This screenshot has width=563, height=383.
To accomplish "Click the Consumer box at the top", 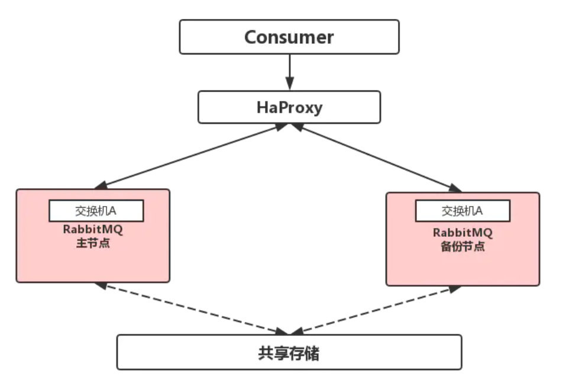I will pyautogui.click(x=289, y=37).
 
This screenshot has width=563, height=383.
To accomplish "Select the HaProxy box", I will pyautogui.click(x=289, y=107).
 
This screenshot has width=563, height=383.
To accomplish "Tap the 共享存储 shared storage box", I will pyautogui.click(x=289, y=352).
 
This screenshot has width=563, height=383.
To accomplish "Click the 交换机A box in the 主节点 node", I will pyautogui.click(x=96, y=211).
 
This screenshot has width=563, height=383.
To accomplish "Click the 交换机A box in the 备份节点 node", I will pyautogui.click(x=462, y=211).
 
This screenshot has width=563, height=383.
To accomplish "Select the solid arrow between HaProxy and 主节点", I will pyautogui.click(x=195, y=156).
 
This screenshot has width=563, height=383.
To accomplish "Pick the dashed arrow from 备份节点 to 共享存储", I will pyautogui.click(x=378, y=308).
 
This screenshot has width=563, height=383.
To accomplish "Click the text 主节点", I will pyautogui.click(x=93, y=243).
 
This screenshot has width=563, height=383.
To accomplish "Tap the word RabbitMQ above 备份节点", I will pyautogui.click(x=463, y=233).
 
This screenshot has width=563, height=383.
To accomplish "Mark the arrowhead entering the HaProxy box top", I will pyautogui.click(x=289, y=84).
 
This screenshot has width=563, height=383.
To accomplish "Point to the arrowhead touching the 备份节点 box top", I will pyautogui.click(x=456, y=189).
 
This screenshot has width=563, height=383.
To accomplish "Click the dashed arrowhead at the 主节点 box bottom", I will pyautogui.click(x=101, y=285).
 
